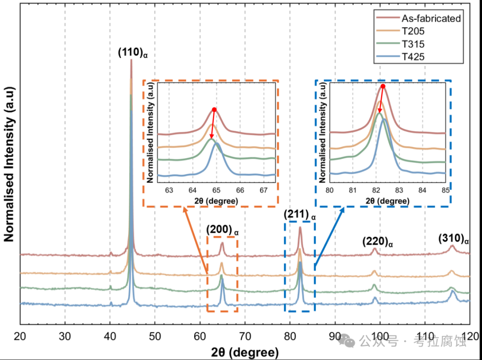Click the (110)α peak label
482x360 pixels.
(x=133, y=53)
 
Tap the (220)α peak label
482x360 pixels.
(x=377, y=242)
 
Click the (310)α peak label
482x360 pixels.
(x=453, y=239)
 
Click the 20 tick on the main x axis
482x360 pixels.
(x=20, y=335)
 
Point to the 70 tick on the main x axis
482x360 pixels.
(x=245, y=335)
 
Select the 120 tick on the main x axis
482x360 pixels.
(x=469, y=335)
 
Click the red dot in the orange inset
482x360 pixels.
(x=214, y=109)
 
